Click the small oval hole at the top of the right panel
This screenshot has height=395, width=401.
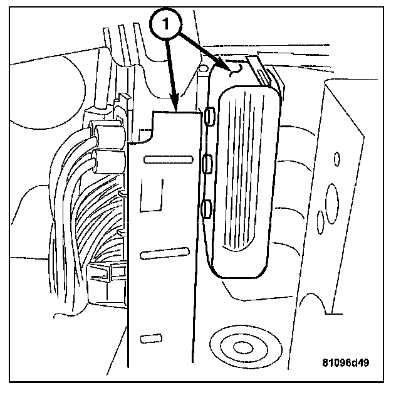(336, 157)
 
